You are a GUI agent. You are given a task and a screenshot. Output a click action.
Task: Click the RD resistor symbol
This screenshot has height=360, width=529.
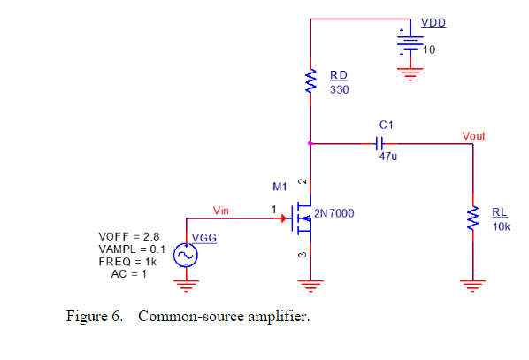pos(310,81)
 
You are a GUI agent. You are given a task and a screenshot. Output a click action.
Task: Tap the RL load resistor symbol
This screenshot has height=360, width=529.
pos(472,218)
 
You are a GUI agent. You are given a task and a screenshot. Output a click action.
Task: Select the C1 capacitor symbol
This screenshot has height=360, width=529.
pos(379,143)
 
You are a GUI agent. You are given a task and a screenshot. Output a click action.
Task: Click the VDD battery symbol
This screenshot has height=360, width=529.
pos(410,42)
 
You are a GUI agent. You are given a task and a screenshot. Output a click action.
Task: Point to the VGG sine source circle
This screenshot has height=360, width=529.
pos(186,255)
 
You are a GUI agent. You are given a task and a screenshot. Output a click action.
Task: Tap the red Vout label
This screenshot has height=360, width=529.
pos(473,136)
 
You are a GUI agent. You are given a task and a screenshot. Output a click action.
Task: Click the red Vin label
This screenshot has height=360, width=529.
pos(220,211)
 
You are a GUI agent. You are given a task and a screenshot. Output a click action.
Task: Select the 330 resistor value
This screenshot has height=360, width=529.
pos(339,89)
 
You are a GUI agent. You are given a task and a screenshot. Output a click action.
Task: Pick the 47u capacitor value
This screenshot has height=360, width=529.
pos(388,157)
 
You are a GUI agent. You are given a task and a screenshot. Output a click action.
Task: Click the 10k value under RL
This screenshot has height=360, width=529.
pos(502,226)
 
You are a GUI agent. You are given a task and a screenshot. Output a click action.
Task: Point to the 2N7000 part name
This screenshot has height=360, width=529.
pos(334,213)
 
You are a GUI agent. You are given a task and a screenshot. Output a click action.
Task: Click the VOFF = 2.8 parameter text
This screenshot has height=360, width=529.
pos(129,236)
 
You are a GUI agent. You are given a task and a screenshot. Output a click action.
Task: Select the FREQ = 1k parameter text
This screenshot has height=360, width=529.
pos(127,262)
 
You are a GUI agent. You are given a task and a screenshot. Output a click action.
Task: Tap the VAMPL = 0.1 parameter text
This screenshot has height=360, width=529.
pos(132,249)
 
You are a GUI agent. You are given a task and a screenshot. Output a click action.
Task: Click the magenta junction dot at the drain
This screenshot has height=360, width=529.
pos(310,143)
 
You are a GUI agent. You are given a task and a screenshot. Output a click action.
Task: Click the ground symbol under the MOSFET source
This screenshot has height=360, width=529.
pos(310,286)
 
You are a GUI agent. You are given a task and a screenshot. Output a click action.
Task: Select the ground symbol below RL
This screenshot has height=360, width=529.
pos(472,286)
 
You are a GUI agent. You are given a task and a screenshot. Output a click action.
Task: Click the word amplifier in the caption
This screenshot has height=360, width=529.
pos(279,317)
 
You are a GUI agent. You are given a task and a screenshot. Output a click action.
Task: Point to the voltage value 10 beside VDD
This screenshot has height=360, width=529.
pos(429,50)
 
